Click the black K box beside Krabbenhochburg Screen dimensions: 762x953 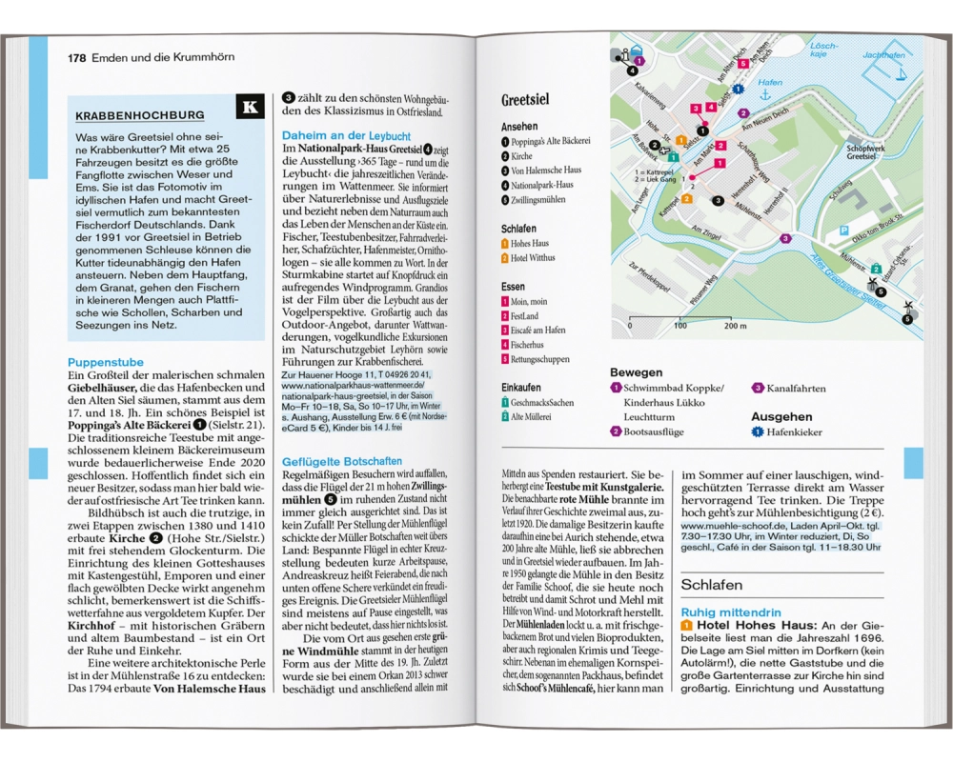click(250, 107)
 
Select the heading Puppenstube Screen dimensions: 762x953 click(105, 362)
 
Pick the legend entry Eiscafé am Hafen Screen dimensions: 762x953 click(540, 330)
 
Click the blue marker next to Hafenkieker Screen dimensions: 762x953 click(759, 432)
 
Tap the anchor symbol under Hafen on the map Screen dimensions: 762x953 click(764, 94)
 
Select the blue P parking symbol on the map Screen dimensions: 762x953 click(842, 231)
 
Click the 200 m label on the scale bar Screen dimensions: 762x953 click(735, 326)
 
